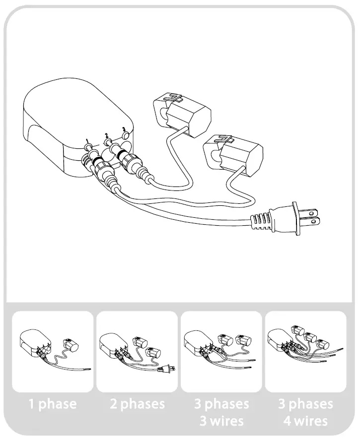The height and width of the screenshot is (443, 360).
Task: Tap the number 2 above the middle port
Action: tap(105, 135)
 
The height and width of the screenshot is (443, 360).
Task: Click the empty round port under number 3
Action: tap(126, 135)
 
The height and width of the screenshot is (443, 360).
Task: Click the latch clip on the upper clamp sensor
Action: tap(173, 97)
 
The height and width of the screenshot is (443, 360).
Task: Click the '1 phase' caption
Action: tap(52, 404)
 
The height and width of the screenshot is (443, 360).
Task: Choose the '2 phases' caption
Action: tap(137, 404)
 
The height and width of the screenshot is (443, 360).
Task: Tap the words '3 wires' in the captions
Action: tap(221, 421)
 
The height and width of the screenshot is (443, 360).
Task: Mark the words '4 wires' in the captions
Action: tap(305, 421)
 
